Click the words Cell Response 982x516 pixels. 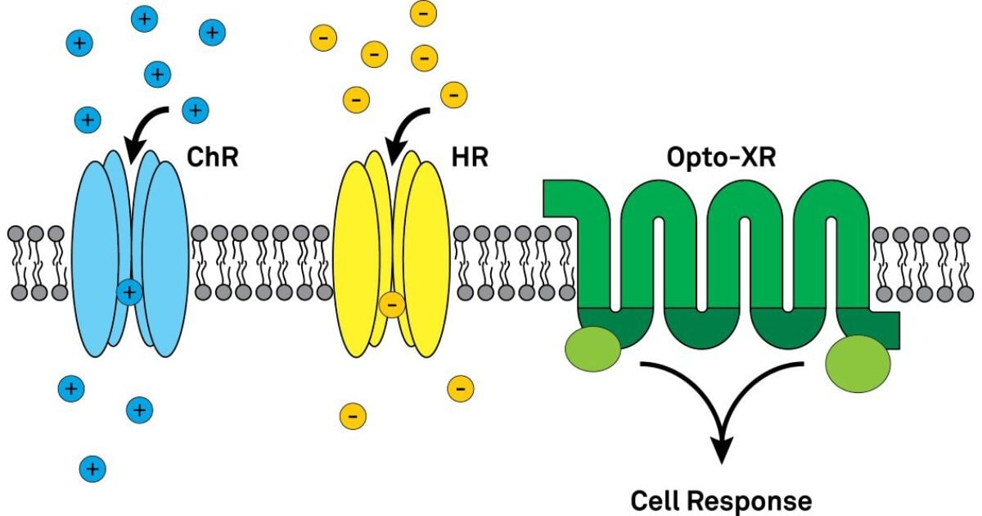[721, 500]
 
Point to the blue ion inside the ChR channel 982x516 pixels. [129, 291]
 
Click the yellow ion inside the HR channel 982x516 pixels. [391, 306]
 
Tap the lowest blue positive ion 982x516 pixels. [92, 468]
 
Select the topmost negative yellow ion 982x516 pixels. [423, 13]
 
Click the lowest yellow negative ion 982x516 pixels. [353, 415]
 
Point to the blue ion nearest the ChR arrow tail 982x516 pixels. [195, 109]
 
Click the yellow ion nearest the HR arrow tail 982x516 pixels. [453, 95]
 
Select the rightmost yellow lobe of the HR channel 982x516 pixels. [426, 259]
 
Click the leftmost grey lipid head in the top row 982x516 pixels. [16, 233]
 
